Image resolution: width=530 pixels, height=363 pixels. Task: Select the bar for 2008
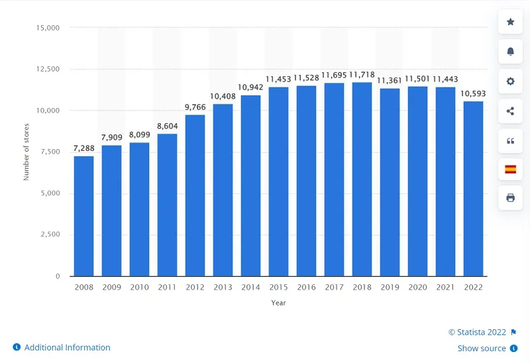tap(83, 216)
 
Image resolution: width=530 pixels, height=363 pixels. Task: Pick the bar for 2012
tap(195, 195)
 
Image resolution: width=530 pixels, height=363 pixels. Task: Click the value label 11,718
tap(362, 75)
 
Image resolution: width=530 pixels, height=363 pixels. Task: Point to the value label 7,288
tap(83, 149)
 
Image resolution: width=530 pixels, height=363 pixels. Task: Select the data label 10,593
tap(473, 93)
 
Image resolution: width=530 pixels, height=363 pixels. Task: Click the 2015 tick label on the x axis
tap(278, 288)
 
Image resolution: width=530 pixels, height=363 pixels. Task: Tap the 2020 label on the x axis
tap(417, 288)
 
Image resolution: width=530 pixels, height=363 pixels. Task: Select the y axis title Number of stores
tap(27, 152)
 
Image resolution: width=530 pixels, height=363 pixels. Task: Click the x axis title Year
tap(278, 303)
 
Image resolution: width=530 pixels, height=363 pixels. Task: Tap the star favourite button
tap(510, 22)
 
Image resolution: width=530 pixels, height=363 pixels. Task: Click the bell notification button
tap(510, 51)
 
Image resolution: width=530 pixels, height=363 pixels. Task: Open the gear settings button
tap(510, 81)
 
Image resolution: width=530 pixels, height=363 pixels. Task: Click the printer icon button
tap(510, 197)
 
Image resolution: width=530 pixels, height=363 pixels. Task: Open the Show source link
tap(482, 348)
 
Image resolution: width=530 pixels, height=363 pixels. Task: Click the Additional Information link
tap(67, 347)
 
